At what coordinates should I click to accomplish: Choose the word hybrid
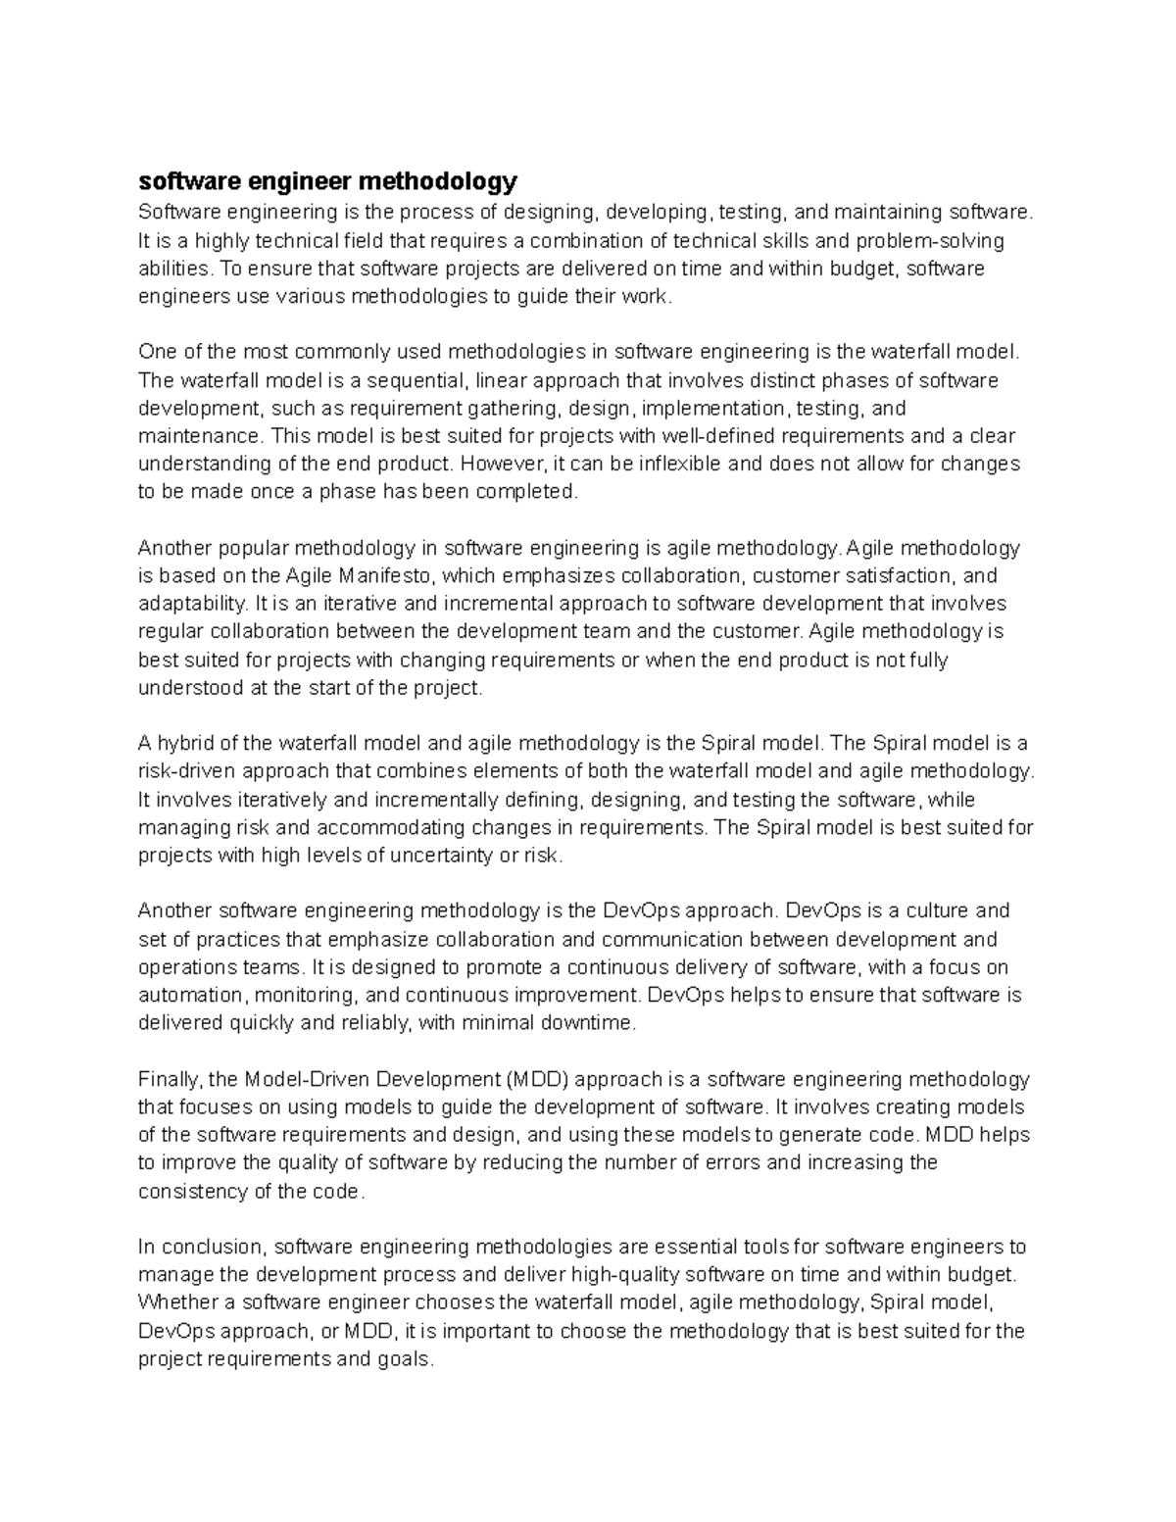coord(183,743)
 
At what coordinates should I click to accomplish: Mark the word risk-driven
coord(186,771)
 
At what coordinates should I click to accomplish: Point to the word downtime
coord(593,1024)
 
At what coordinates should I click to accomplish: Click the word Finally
coord(170,1080)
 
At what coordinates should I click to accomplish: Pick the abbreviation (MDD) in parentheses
coord(538,1080)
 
